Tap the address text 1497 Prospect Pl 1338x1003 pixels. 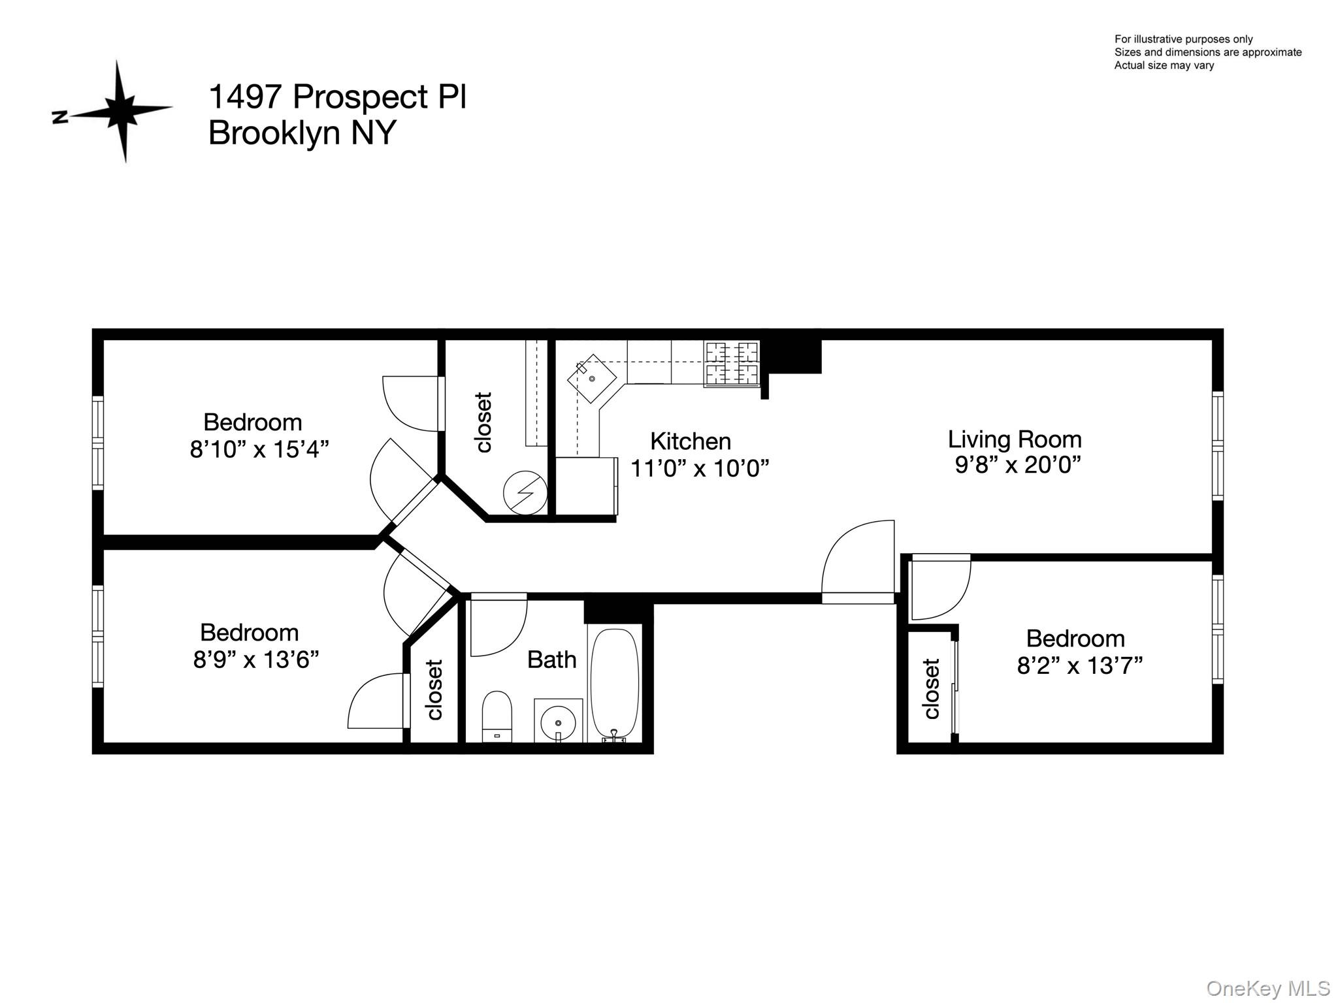click(337, 97)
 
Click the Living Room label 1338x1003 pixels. click(1015, 439)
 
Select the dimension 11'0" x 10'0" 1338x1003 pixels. click(699, 468)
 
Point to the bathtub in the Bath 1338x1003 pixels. click(614, 683)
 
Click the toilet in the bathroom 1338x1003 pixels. click(497, 716)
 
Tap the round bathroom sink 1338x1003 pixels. click(558, 722)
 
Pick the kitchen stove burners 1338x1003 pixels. click(732, 364)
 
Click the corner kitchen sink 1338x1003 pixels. click(591, 378)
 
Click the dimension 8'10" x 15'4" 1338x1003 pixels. click(259, 449)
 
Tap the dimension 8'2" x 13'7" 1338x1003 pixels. click(1079, 665)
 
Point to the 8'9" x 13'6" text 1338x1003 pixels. click(255, 660)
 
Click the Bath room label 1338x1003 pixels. click(551, 660)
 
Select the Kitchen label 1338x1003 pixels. click(690, 441)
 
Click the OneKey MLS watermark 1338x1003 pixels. click(1267, 988)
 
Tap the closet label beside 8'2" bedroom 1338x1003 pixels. click(931, 688)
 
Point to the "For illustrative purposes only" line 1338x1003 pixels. click(1183, 39)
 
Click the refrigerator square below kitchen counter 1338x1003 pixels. click(585, 486)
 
